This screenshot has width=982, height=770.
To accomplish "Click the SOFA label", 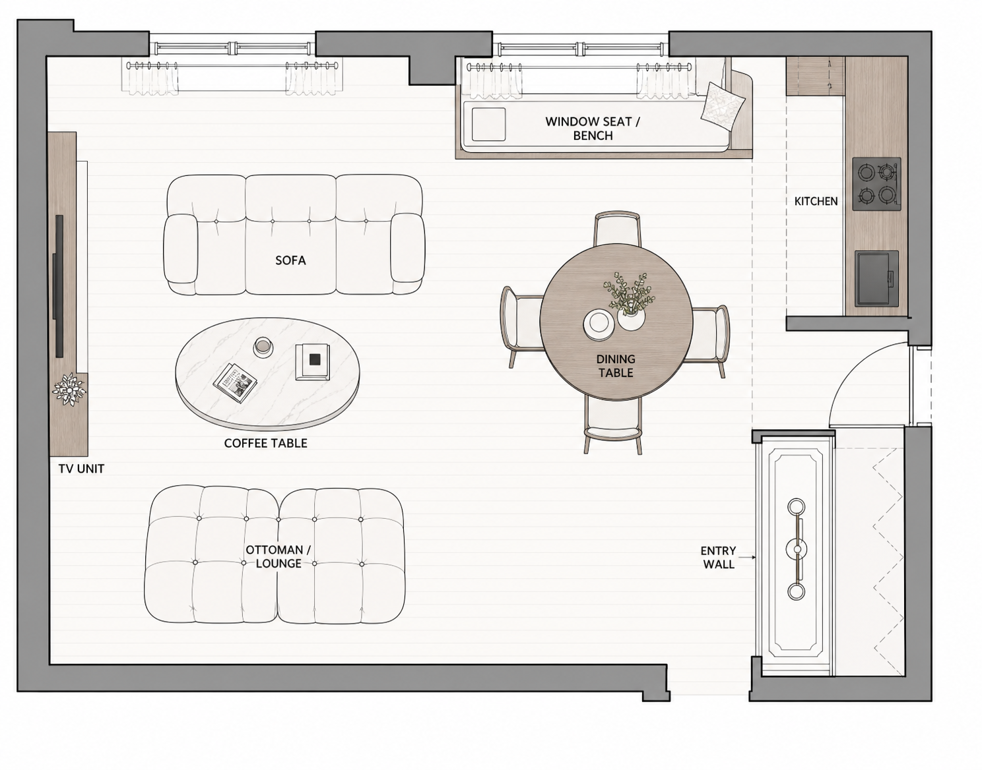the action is (290, 260).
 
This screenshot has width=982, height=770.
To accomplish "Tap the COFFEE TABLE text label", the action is (266, 443).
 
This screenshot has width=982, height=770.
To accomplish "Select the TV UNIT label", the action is (81, 469).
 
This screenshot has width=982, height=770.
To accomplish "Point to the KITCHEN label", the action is (816, 201).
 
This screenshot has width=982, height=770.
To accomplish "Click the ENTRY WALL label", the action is (718, 558).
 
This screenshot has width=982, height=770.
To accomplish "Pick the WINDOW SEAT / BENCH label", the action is (593, 128).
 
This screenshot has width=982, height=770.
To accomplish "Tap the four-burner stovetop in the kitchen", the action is (876, 184).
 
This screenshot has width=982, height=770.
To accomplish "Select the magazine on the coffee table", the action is (235, 382).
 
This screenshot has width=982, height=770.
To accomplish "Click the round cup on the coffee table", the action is (263, 347).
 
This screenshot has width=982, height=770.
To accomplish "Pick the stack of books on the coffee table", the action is (312, 361).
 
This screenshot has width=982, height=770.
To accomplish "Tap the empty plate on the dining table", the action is (599, 324).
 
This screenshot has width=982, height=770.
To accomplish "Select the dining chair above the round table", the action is (617, 229).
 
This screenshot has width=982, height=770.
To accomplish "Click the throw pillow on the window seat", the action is (723, 107).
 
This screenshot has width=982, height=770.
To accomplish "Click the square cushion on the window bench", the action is (488, 124).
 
